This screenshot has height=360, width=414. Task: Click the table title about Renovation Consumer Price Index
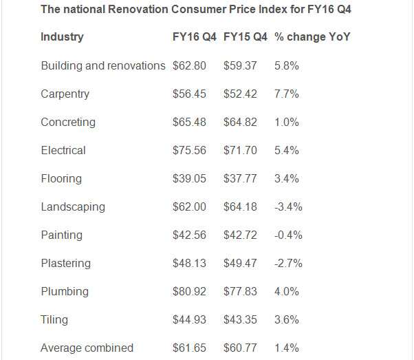tap(197, 10)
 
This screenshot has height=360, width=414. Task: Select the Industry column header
tap(62, 37)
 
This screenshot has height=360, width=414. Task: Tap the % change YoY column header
tap(312, 37)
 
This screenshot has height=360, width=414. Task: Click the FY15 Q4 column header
tap(246, 37)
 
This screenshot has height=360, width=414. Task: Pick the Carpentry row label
tap(65, 94)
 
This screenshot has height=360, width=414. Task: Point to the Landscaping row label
tap(73, 207)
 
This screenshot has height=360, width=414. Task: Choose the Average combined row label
tap(87, 348)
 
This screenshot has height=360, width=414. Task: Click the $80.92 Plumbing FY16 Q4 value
tap(189, 291)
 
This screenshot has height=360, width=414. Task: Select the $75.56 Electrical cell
tap(189, 150)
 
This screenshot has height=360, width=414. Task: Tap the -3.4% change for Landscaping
tap(288, 207)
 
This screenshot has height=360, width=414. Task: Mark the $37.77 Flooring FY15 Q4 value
tap(240, 178)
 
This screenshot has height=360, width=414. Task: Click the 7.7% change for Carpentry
tap(286, 94)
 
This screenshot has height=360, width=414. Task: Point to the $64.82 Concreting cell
tap(240, 122)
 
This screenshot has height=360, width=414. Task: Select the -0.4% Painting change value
tap(288, 235)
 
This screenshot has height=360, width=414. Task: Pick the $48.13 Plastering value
tap(189, 263)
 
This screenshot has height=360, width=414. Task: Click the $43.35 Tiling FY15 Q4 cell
tap(240, 319)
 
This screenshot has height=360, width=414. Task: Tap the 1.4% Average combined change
tap(286, 348)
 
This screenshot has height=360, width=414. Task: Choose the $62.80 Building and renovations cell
tap(189, 65)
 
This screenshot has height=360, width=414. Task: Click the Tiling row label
tap(54, 319)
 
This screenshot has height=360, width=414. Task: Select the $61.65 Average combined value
tap(189, 348)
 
